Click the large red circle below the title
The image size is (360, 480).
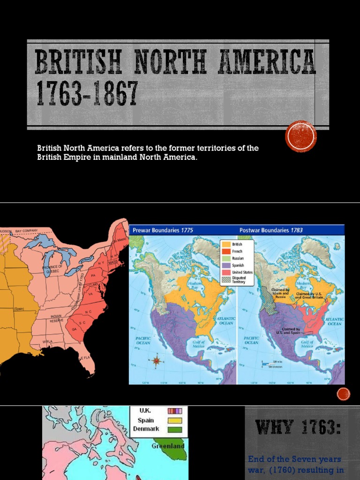(x=301, y=136)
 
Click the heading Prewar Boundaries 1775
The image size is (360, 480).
(x=163, y=230)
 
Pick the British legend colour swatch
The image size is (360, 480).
(x=226, y=245)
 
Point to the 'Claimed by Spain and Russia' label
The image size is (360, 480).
(x=280, y=293)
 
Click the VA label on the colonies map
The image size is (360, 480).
(x=90, y=294)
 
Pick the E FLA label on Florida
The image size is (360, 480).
(x=85, y=358)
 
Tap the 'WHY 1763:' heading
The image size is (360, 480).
(x=297, y=427)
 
